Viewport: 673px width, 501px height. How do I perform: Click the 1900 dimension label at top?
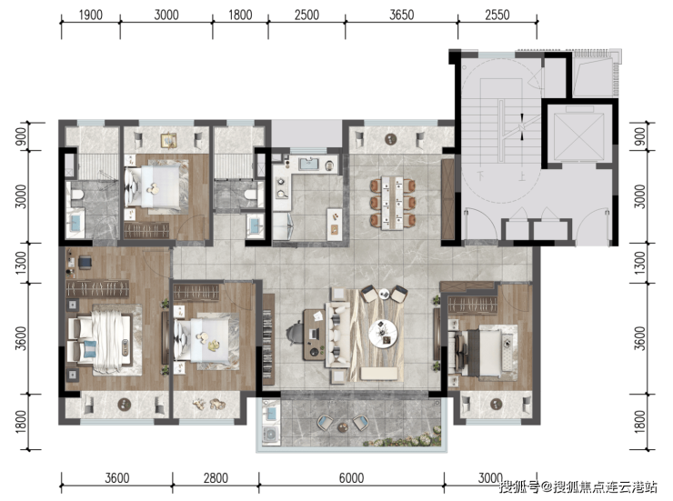coord(91,15)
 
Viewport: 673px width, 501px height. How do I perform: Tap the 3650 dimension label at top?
coord(401,15)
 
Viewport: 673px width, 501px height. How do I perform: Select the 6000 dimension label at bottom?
coord(351,478)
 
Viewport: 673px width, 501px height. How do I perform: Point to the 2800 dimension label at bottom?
coord(216,478)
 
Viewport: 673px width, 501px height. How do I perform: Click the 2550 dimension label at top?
coord(497,15)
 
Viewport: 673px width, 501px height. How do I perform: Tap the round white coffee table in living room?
coord(383,333)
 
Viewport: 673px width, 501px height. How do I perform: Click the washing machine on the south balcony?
coord(271,435)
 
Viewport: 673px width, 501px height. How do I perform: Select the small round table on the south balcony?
coord(343,427)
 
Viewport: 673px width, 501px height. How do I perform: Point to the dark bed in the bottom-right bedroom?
coord(482,351)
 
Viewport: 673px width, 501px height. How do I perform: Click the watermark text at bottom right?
coord(578,486)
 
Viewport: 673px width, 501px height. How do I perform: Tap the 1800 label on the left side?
coord(21,421)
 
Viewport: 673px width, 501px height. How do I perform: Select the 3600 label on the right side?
coord(640,338)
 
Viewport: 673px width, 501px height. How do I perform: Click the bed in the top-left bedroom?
coord(153,187)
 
